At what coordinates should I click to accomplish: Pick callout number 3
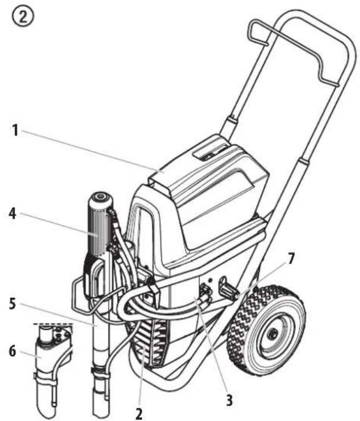pos(229,400)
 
